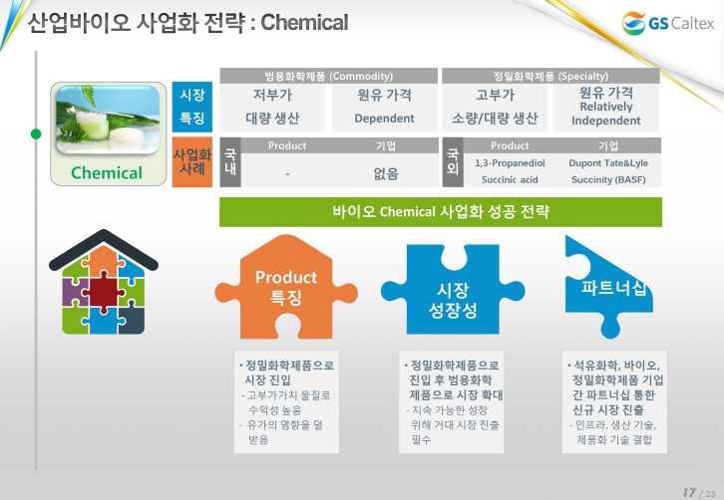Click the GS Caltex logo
coord(668,23)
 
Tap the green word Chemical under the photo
coord(107,173)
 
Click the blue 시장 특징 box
coord(192,107)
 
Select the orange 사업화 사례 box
coord(192,162)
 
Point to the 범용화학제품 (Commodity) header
coord(328,76)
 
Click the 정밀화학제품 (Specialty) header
coord(550,76)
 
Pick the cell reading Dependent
coord(384,119)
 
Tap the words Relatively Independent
coord(605,114)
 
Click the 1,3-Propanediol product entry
coord(510,163)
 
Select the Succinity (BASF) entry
coord(608,180)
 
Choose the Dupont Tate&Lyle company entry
coord(608,163)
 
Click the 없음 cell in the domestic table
coord(386,174)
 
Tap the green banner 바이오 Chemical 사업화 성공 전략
coord(441,212)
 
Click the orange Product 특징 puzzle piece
coord(286,288)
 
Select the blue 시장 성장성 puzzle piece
coord(453,290)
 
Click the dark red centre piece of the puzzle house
coord(103,292)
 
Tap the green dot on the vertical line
coord(36,134)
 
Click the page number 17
coord(689,493)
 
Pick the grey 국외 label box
coord(453,162)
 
